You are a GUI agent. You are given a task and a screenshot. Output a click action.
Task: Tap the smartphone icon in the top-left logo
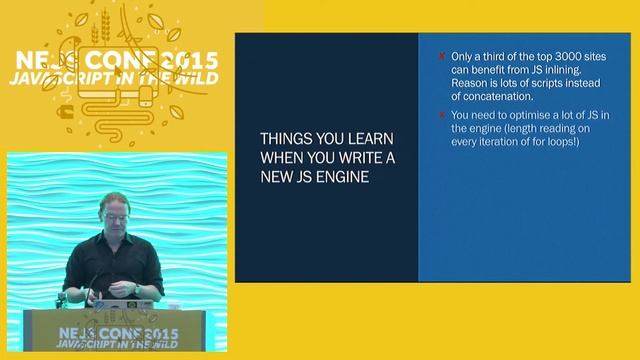146,96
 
